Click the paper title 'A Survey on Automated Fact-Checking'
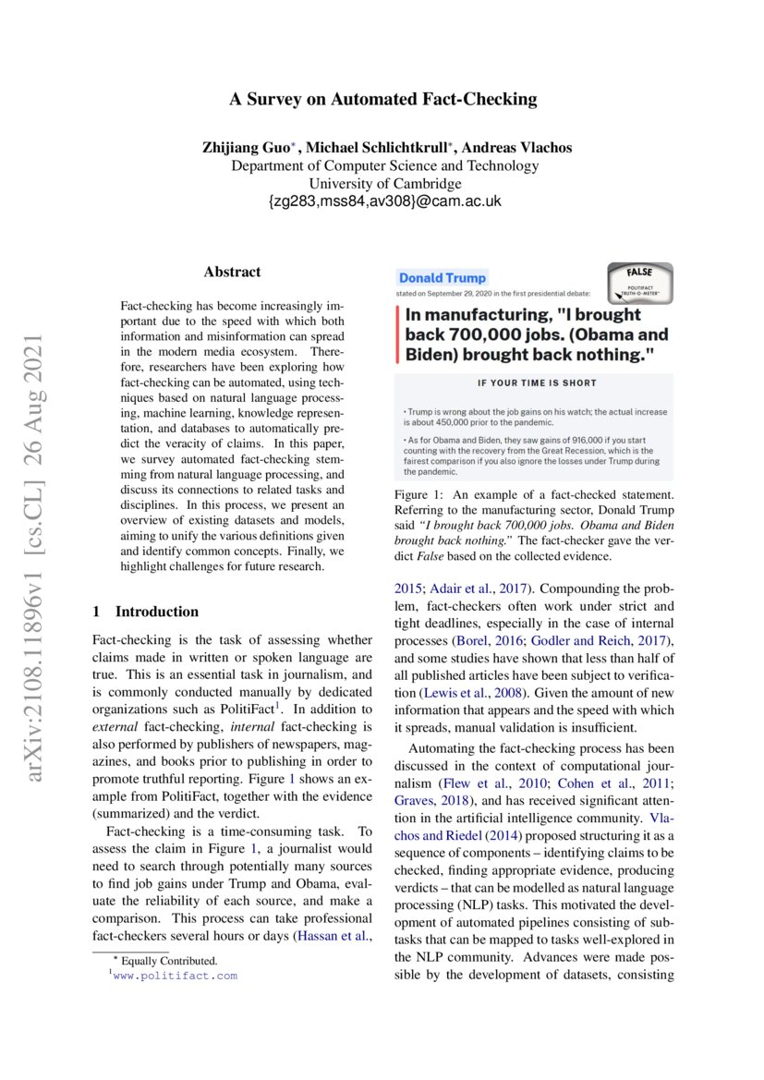(x=382, y=100)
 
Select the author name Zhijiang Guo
(x=245, y=148)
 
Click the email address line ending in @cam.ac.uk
(x=383, y=201)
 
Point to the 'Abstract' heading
(x=232, y=272)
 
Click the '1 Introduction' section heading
(x=146, y=612)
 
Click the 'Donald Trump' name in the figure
(x=442, y=278)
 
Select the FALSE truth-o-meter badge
(x=639, y=283)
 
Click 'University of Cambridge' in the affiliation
(x=383, y=184)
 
